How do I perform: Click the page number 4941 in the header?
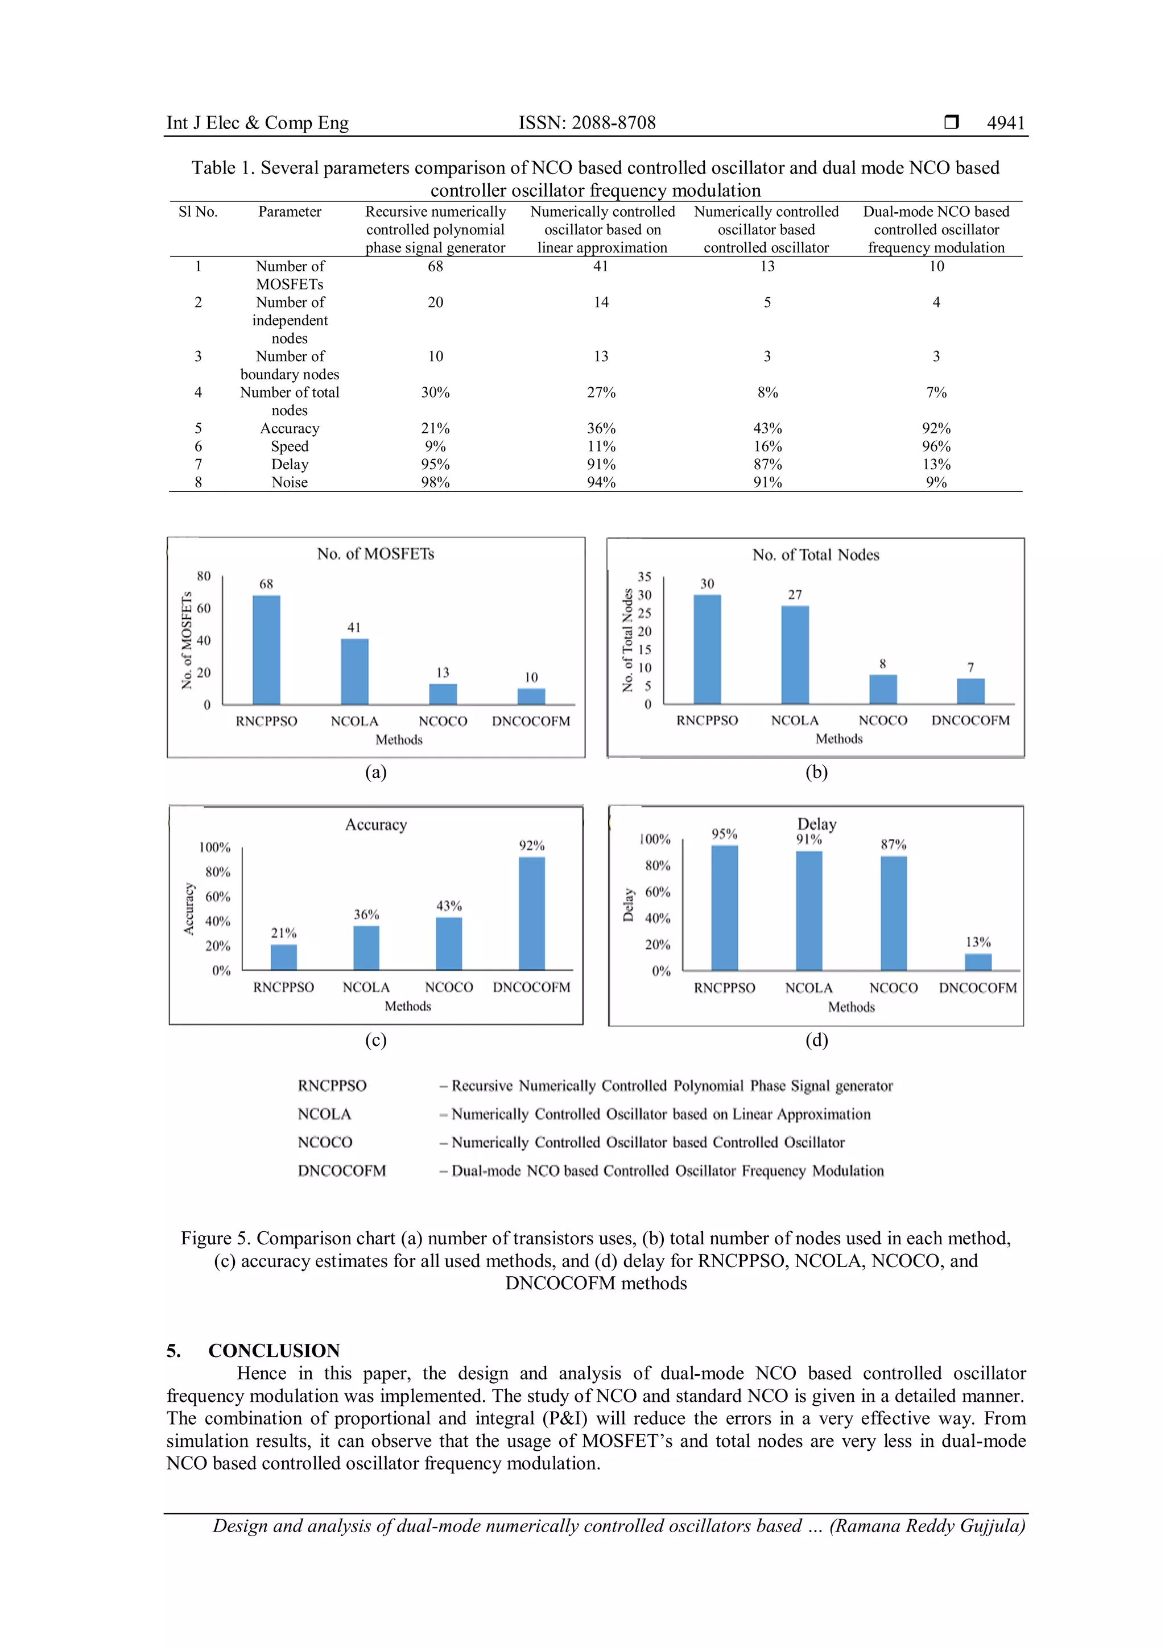coord(1006,123)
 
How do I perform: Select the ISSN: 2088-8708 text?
coord(587,123)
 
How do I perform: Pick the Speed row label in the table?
coord(289,446)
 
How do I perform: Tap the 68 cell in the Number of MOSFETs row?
coord(435,266)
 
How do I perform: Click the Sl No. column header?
coord(198,212)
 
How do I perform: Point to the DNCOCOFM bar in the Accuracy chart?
coord(531,913)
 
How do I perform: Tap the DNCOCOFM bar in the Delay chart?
coord(978,961)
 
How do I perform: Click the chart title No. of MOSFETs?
coord(375,554)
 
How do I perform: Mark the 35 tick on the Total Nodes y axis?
coord(644,577)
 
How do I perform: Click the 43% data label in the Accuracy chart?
coord(449,906)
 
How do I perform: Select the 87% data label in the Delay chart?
coord(893,845)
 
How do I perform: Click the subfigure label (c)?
coord(375,1040)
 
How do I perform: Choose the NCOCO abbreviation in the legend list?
coord(325,1142)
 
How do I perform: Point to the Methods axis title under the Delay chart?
coord(852,1007)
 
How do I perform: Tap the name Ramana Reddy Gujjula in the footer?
coord(927,1526)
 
